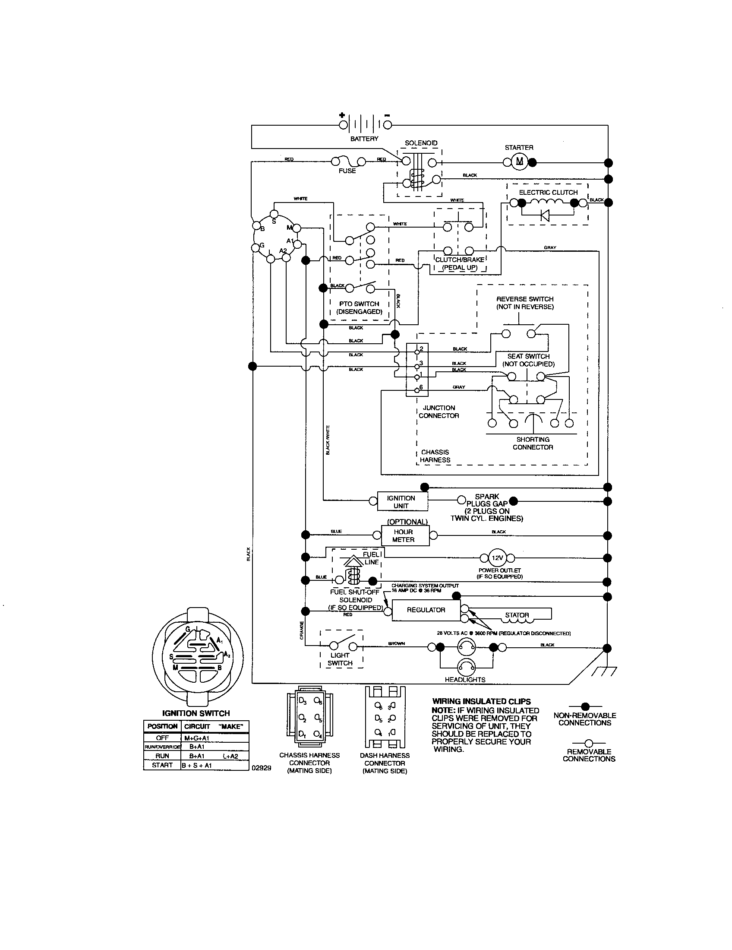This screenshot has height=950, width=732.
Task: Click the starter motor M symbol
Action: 520,162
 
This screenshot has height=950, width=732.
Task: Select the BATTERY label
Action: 364,139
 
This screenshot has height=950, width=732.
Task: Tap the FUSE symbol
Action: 348,161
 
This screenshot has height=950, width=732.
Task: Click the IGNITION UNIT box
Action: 401,501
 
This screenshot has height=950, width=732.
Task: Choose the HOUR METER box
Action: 404,535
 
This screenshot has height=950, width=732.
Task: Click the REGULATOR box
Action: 426,610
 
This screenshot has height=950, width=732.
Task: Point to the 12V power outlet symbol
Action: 497,557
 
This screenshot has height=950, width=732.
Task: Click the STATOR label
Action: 517,615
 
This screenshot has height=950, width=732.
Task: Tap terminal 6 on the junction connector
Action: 417,390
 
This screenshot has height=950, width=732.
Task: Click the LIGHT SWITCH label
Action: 340,659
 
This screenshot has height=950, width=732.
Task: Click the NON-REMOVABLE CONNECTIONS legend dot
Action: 585,706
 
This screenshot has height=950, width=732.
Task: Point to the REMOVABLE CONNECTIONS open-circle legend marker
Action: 589,744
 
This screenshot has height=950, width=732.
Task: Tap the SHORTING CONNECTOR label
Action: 533,443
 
